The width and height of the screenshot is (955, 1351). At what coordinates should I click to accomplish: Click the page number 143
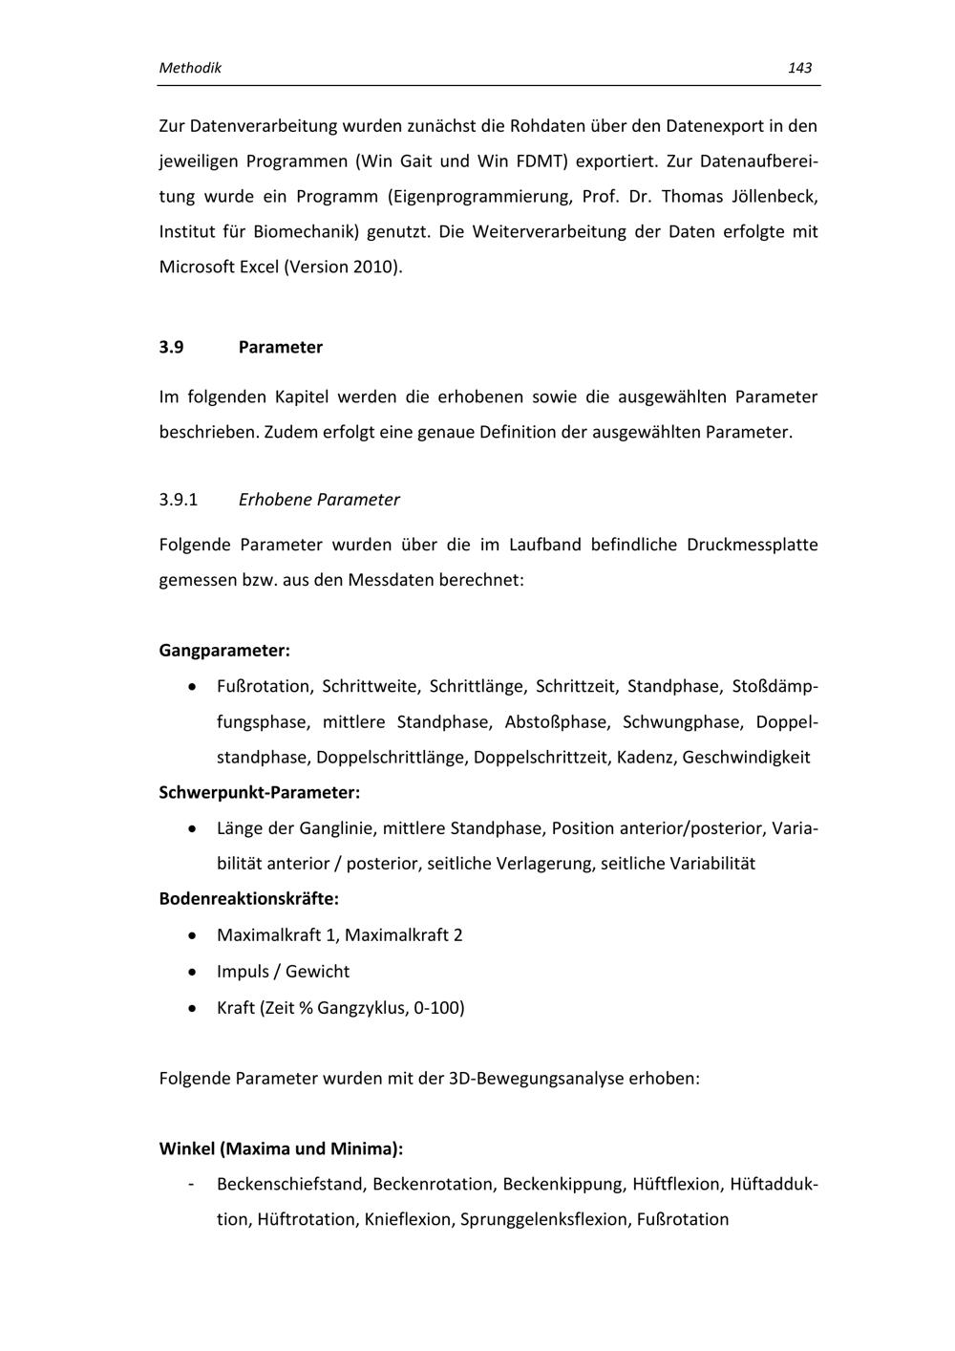click(799, 68)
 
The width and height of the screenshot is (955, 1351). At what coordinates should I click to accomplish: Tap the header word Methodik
click(190, 68)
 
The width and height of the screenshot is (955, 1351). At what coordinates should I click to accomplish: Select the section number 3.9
click(171, 347)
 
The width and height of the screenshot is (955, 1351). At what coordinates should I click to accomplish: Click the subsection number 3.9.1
click(179, 500)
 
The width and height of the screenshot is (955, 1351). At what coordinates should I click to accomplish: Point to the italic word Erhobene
click(274, 500)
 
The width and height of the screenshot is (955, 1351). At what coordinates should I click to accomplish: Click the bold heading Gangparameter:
click(224, 651)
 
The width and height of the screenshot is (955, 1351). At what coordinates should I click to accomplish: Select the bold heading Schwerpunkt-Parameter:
click(260, 792)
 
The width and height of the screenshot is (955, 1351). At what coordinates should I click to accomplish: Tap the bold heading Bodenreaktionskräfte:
click(249, 899)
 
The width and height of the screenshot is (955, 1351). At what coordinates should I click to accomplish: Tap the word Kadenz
click(645, 758)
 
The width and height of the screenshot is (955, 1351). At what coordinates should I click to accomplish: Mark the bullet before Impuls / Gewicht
click(194, 972)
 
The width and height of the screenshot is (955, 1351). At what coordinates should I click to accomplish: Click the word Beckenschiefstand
click(290, 1185)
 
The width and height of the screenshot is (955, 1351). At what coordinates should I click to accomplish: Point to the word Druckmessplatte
click(752, 546)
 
